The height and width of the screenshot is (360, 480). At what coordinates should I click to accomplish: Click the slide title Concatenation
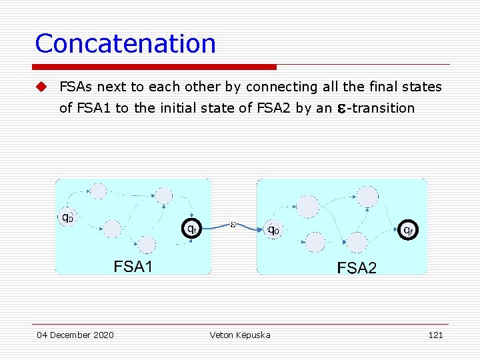coord(125,44)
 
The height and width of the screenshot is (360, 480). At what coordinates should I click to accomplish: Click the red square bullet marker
coord(41,87)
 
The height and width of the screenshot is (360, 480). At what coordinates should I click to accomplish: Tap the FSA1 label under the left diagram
coord(133,267)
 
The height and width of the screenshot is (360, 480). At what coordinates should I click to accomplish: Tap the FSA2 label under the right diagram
coord(357,268)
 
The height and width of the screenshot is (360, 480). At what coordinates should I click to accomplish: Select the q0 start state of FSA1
coord(67,217)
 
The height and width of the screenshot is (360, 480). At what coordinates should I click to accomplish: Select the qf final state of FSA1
coord(191,228)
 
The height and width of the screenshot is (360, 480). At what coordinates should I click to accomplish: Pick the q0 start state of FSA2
coord(273,230)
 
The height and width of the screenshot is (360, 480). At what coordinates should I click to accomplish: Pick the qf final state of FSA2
coord(408,229)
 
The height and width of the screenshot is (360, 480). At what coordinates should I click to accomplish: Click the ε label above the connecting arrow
coord(233,224)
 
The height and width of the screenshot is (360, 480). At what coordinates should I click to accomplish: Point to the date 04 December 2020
coord(75,335)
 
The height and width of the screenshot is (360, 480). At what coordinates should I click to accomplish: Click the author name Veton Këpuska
coord(240,335)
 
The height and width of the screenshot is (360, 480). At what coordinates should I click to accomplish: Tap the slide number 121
coord(435,335)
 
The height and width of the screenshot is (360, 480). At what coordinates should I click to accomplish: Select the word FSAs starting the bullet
coord(75,87)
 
